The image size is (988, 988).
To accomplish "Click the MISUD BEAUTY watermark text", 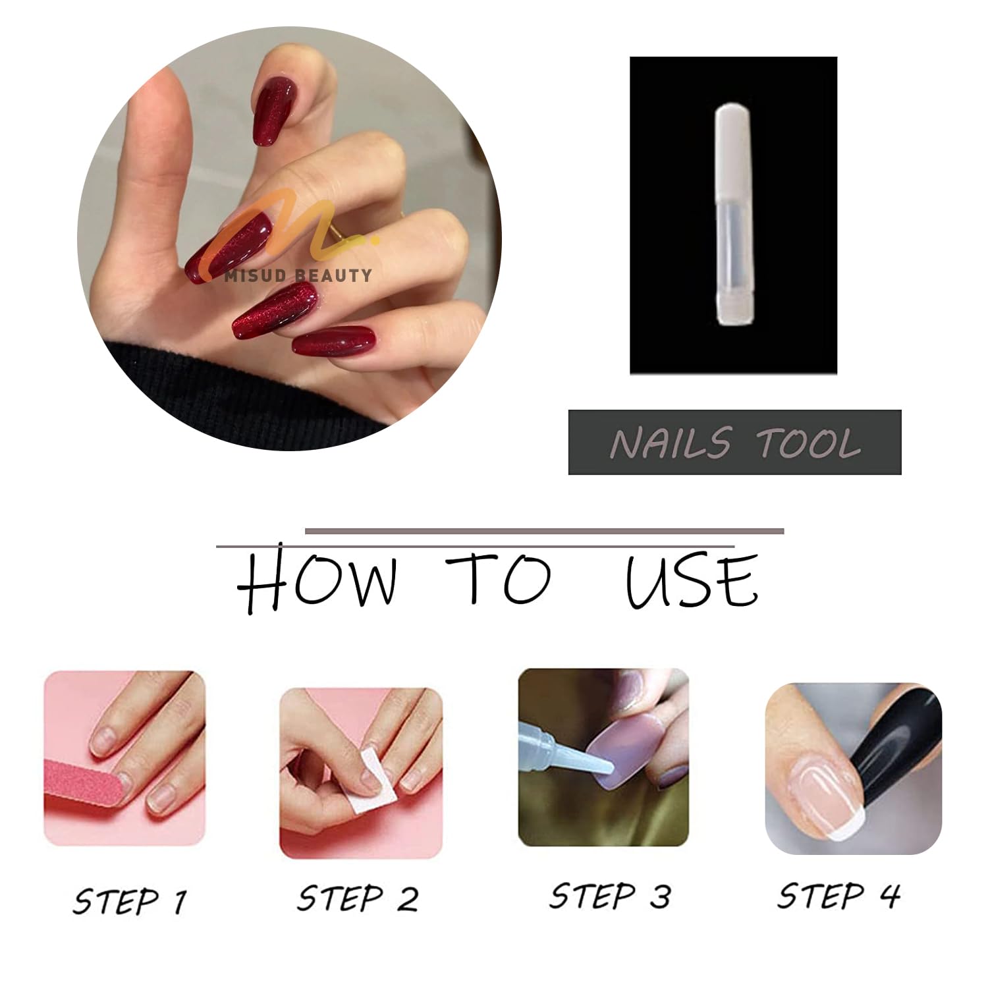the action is [x=298, y=275].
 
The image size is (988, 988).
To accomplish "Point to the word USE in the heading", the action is [x=692, y=580].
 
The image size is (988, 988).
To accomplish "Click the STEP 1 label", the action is [x=130, y=900].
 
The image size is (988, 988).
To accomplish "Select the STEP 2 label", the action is [x=358, y=898].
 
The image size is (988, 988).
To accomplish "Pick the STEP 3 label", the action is [x=609, y=896].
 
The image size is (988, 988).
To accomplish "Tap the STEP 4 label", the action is [x=838, y=895].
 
